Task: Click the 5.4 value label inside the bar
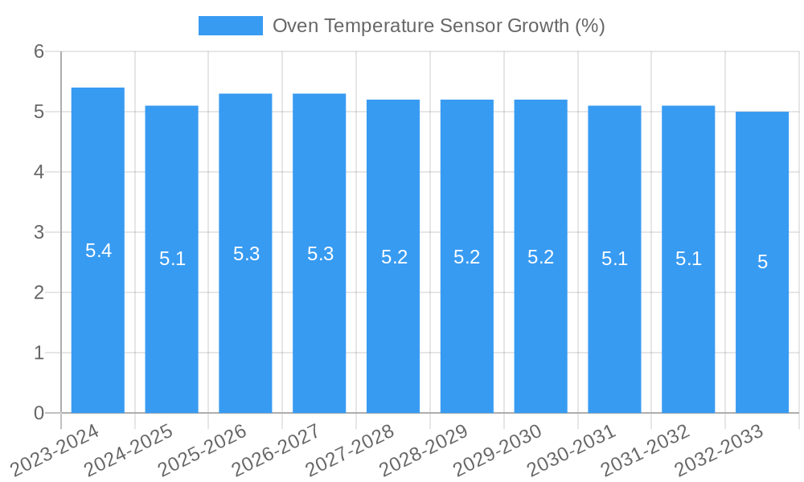click(x=98, y=251)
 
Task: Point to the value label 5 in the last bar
click(x=762, y=262)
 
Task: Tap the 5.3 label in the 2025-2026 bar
click(x=246, y=254)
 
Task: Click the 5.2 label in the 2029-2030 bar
click(x=540, y=257)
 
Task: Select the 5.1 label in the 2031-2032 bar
click(x=688, y=259)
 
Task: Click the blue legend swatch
click(x=231, y=26)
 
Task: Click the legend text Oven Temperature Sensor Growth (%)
click(x=438, y=26)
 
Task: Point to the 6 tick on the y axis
click(x=39, y=51)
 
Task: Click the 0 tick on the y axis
click(x=39, y=413)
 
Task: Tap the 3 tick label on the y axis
click(x=39, y=232)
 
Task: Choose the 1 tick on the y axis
click(x=39, y=353)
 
